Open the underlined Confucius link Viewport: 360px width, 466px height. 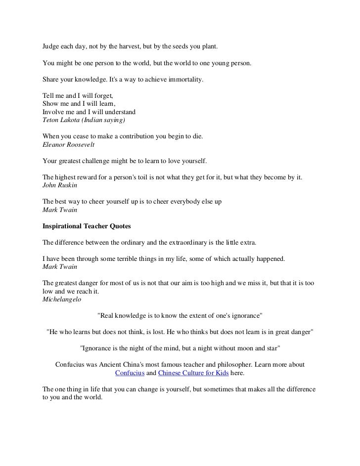[129, 373]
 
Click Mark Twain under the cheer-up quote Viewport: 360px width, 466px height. [56, 210]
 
